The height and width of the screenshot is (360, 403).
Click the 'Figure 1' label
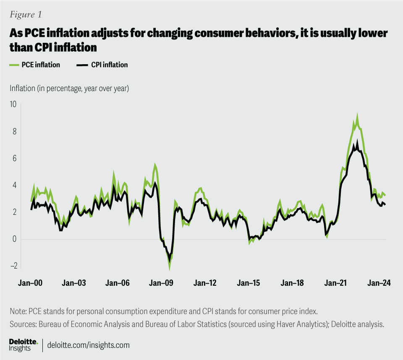26,14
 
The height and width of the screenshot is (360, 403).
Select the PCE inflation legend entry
34,65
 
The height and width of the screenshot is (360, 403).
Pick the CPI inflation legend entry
102,65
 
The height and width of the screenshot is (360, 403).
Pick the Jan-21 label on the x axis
336,283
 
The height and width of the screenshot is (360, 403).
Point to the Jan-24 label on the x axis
379,283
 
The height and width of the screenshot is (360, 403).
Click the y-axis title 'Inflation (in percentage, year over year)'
69,89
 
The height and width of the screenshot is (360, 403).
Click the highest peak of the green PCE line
357,115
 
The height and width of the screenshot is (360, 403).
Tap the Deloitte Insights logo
24,344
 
